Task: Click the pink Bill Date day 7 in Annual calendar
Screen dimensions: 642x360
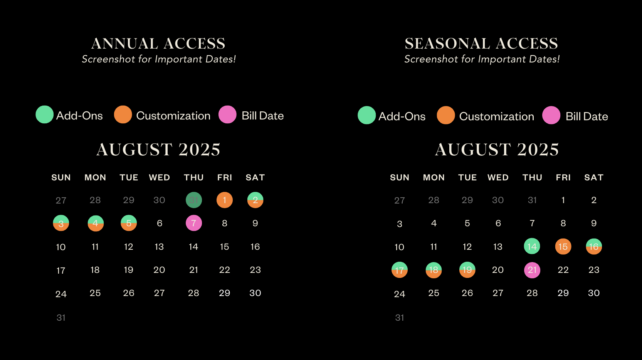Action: tap(194, 223)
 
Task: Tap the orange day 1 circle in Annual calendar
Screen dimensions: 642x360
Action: tap(224, 200)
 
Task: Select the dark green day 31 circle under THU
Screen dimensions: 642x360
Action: tap(194, 200)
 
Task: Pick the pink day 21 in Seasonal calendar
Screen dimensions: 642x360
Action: tap(532, 270)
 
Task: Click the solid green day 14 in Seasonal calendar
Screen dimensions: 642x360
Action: tap(532, 246)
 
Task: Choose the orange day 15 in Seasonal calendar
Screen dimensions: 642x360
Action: tap(563, 247)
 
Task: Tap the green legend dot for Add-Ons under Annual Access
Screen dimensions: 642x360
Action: tap(44, 114)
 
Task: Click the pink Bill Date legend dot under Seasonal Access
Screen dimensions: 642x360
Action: tap(551, 115)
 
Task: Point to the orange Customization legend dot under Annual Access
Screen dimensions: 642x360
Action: tap(123, 114)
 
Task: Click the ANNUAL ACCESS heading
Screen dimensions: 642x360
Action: tap(158, 44)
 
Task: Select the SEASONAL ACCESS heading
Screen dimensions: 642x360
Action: tap(482, 44)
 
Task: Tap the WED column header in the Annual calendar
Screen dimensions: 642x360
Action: tap(160, 177)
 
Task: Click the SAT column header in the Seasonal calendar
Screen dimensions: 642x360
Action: tap(594, 177)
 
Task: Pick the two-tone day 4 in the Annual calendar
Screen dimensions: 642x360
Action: tap(96, 223)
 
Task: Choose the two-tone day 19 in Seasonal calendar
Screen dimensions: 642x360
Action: tap(467, 270)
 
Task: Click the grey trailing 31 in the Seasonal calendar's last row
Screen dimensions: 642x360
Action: tap(400, 318)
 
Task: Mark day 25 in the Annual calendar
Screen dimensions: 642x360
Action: tap(95, 293)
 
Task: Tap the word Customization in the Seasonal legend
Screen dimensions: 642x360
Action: tap(497, 116)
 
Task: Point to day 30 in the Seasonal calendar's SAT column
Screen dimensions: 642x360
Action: tap(594, 293)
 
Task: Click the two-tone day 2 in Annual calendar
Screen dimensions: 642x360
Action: tap(255, 200)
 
